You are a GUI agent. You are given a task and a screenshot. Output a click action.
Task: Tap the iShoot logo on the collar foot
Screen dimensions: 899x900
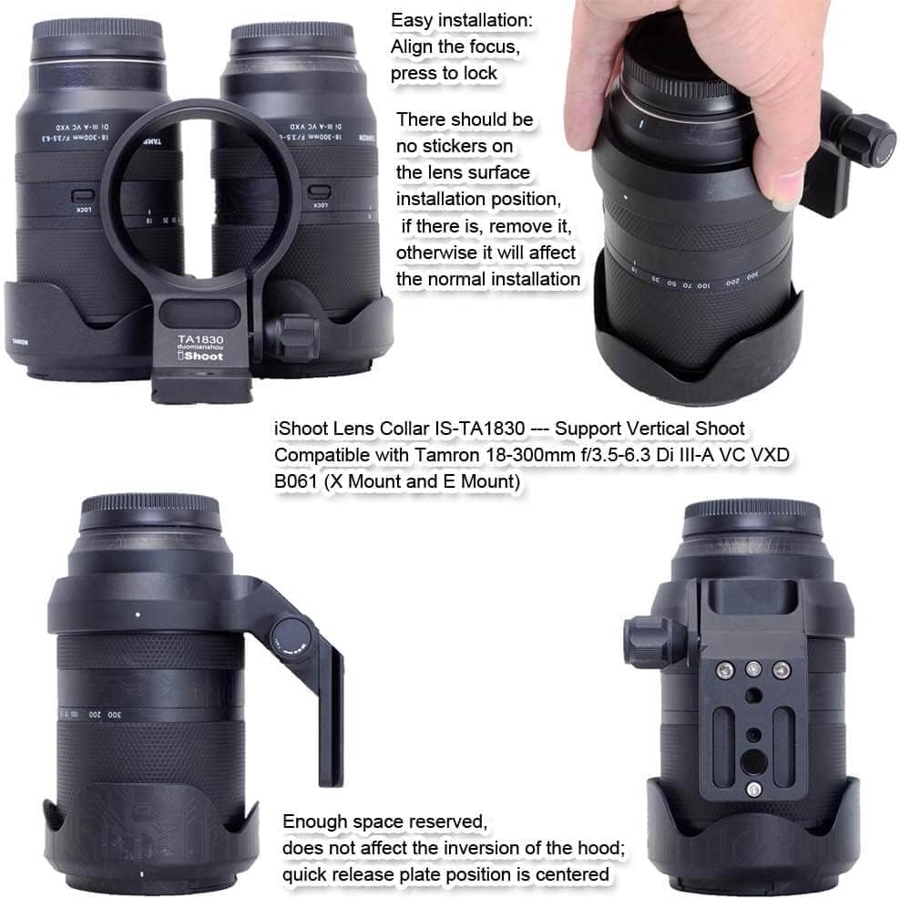coord(199,356)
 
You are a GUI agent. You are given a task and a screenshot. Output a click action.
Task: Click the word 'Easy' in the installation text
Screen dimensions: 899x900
coord(412,19)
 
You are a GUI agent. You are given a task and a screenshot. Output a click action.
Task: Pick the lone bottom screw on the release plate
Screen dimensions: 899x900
coord(752,790)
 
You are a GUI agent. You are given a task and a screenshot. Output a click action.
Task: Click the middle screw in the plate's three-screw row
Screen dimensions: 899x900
coord(753,669)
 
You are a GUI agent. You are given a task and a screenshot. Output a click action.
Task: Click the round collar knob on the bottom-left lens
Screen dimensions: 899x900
coord(290,634)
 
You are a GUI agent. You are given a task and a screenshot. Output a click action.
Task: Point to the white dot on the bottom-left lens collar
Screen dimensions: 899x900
coord(138,615)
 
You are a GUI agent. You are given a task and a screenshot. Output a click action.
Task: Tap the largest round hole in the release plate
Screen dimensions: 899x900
coord(753,759)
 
